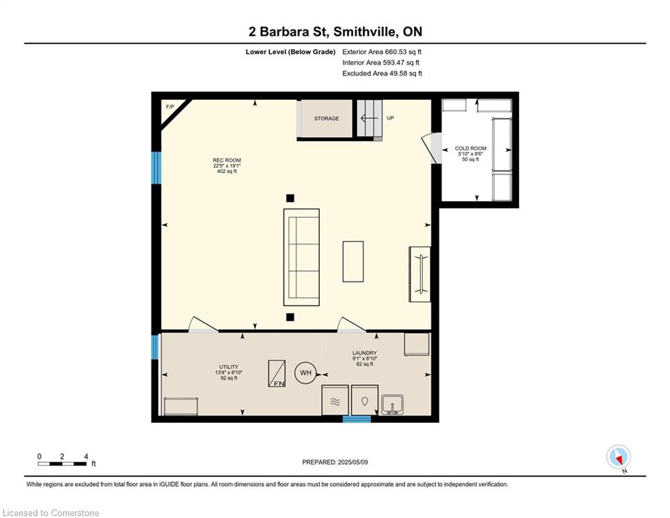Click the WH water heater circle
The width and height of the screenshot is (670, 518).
(x=306, y=373)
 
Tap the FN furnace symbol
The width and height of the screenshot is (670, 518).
(x=277, y=374)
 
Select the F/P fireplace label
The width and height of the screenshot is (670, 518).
(x=170, y=107)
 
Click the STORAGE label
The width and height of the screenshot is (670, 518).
(x=327, y=119)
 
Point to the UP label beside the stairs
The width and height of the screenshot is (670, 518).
(x=390, y=118)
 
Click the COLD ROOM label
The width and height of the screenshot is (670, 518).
(x=471, y=148)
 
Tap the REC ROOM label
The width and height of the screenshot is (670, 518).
(x=227, y=161)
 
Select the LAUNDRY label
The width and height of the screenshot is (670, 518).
(x=364, y=353)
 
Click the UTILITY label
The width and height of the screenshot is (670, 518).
(x=228, y=367)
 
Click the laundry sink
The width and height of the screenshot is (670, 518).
(x=393, y=405)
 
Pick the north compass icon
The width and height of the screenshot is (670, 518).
(x=618, y=457)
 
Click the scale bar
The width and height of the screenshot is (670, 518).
(x=63, y=463)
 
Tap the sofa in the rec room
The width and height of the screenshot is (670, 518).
(x=301, y=257)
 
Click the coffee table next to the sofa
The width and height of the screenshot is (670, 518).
(x=353, y=262)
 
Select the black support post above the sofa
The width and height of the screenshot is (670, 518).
(x=290, y=198)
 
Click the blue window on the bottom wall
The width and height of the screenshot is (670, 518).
(x=357, y=419)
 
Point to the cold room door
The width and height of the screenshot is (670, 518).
(x=432, y=148)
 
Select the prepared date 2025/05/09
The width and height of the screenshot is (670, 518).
(x=353, y=462)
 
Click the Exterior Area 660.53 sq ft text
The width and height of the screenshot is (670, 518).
(x=382, y=52)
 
